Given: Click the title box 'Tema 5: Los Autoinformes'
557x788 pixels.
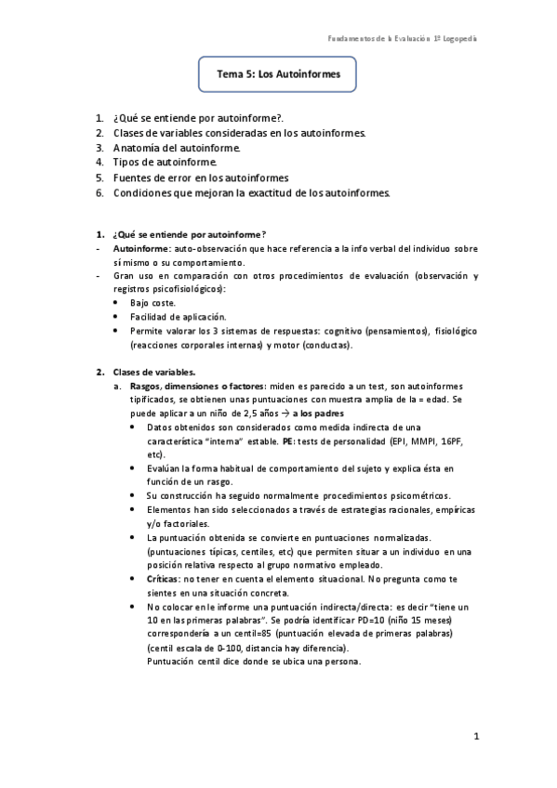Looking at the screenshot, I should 278,72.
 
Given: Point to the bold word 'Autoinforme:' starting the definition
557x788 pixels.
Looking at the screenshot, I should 141,250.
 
